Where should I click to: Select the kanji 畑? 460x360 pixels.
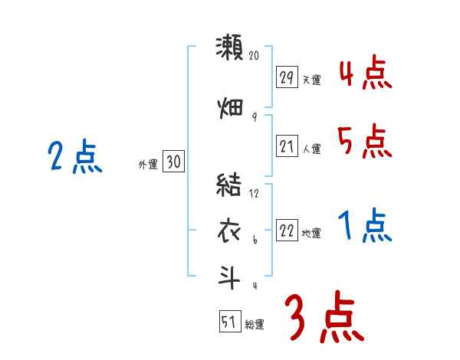click(x=229, y=106)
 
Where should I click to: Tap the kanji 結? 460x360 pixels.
click(x=229, y=185)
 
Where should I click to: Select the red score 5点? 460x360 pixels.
click(x=365, y=142)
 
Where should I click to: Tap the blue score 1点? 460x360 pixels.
click(x=365, y=227)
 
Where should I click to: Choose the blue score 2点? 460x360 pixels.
click(x=75, y=159)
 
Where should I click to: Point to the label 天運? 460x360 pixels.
click(x=311, y=80)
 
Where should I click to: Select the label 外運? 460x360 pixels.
click(x=147, y=164)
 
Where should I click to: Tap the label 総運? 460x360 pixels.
click(x=255, y=325)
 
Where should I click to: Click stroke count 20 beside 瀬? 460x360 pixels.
click(x=255, y=56)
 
